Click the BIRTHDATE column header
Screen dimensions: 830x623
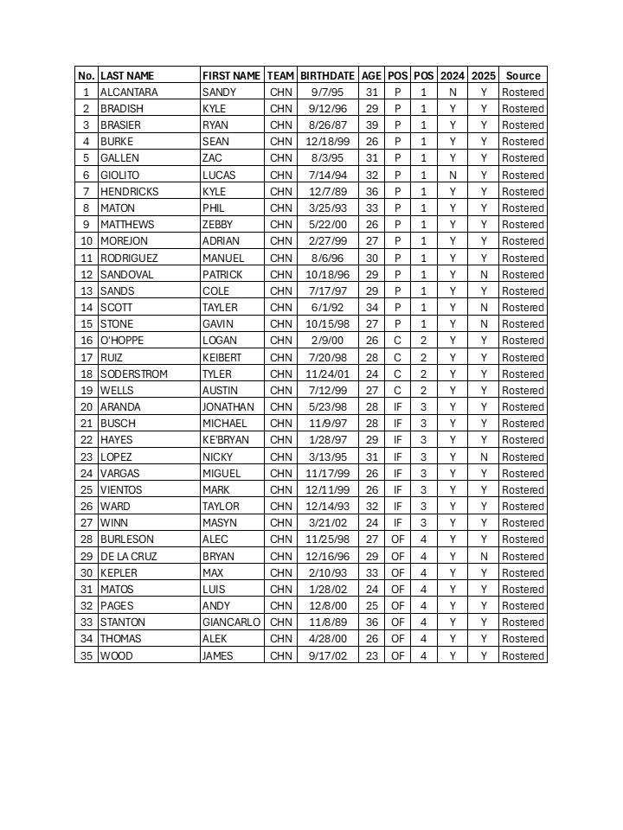[328, 75]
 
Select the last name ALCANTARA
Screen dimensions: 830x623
[129, 92]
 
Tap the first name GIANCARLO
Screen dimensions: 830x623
[231, 622]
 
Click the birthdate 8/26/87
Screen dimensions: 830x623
[328, 125]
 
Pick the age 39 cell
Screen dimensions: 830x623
[372, 125]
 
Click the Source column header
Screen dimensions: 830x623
[523, 75]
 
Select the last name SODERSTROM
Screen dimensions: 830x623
[134, 374]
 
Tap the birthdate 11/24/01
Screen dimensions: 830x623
[328, 374]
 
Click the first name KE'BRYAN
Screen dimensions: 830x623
[224, 440]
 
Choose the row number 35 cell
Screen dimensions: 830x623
[86, 655]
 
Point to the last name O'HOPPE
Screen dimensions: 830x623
[122, 341]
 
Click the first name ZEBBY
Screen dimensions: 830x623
[218, 225]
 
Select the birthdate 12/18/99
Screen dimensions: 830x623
[328, 142]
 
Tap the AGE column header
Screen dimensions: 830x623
[372, 75]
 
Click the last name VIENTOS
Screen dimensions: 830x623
[121, 490]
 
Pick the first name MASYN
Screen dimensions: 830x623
[218, 523]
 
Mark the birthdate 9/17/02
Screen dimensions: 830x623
[328, 655]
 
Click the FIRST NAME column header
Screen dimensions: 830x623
[231, 75]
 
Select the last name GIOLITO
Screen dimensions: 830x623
[119, 175]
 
